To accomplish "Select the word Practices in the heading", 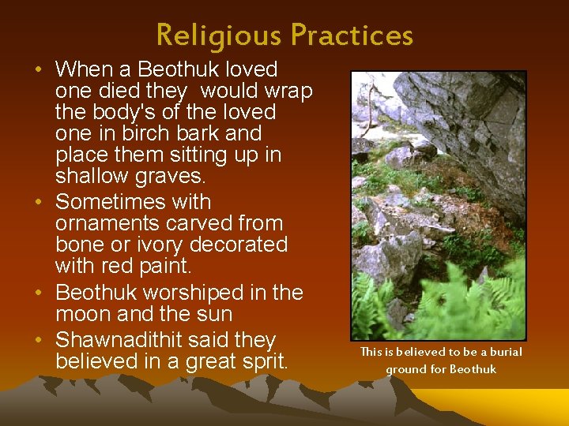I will [351, 35].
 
